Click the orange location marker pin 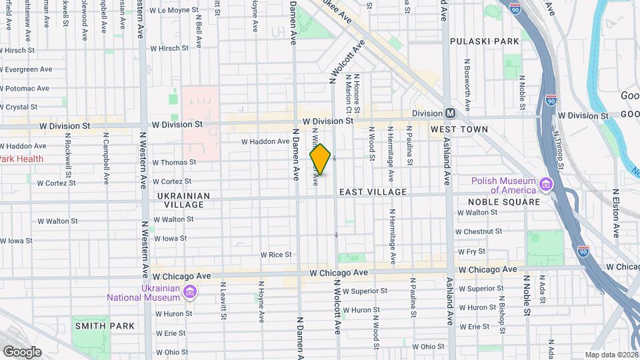(x=320, y=160)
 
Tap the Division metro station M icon (x=451, y=113)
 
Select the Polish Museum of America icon (x=546, y=183)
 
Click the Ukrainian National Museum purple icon (x=190, y=291)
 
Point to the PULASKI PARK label (x=485, y=41)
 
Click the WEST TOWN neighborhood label (x=459, y=129)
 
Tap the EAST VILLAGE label (x=373, y=192)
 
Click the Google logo (x=22, y=352)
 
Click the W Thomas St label (x=174, y=162)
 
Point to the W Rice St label (x=276, y=255)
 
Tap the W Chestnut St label (x=479, y=231)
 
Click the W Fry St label (x=471, y=251)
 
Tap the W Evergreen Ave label (x=27, y=69)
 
